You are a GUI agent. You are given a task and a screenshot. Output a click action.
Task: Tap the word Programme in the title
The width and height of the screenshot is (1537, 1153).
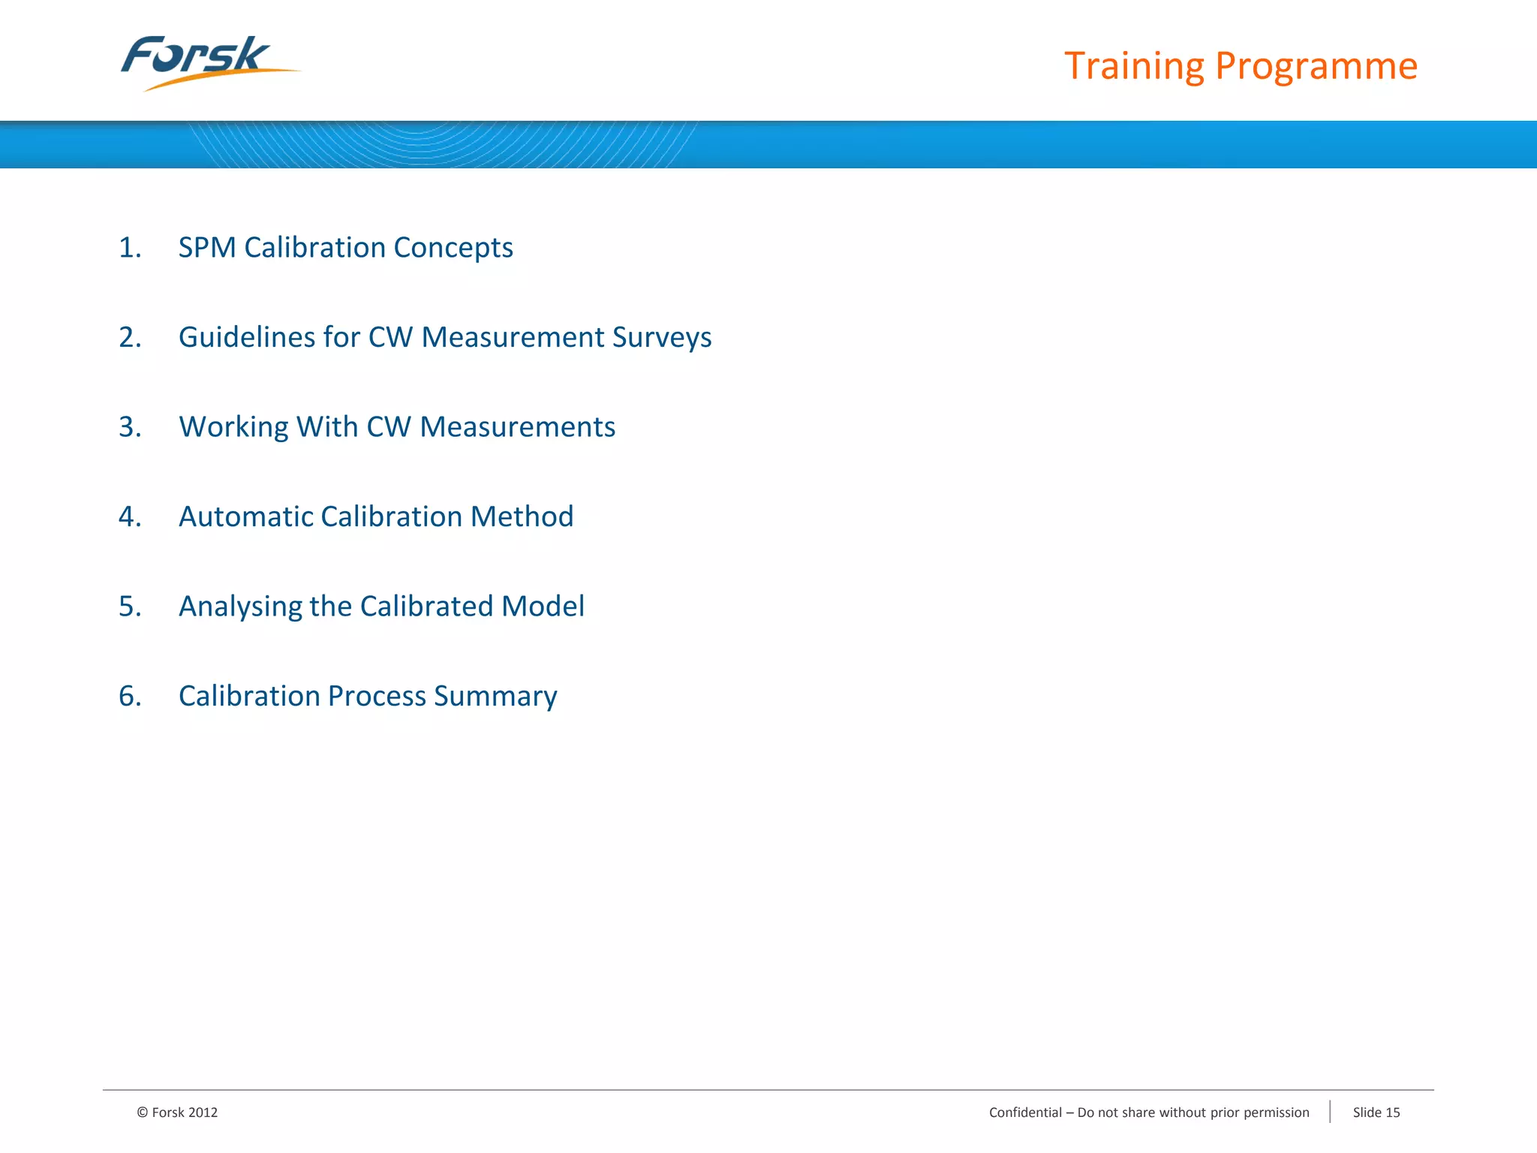click(x=1316, y=66)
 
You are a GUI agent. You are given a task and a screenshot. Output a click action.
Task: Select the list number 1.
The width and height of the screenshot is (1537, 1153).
click(x=129, y=248)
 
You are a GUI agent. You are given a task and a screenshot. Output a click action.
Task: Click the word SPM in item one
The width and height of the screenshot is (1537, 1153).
click(x=206, y=248)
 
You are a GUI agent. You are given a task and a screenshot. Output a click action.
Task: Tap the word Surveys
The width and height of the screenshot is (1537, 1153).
click(x=661, y=337)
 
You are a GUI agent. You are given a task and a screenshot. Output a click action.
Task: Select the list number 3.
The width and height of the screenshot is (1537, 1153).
click(x=129, y=426)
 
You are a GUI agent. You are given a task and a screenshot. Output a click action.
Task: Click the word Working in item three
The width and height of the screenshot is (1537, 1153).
click(x=233, y=426)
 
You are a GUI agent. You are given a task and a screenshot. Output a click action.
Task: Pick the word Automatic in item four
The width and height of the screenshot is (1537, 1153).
click(x=245, y=516)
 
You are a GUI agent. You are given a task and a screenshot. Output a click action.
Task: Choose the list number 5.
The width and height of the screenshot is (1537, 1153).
click(x=129, y=606)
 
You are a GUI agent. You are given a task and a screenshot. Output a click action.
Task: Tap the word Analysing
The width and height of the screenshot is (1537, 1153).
click(x=239, y=607)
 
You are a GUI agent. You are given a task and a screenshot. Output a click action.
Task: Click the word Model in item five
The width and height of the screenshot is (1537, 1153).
click(x=543, y=606)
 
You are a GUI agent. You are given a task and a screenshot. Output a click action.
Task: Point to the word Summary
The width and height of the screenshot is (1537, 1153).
click(x=495, y=696)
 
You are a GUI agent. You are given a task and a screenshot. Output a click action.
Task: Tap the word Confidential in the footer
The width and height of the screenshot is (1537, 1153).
click(x=1025, y=1112)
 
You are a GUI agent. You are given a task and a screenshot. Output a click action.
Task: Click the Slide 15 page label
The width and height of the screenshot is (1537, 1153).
click(x=1376, y=1112)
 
